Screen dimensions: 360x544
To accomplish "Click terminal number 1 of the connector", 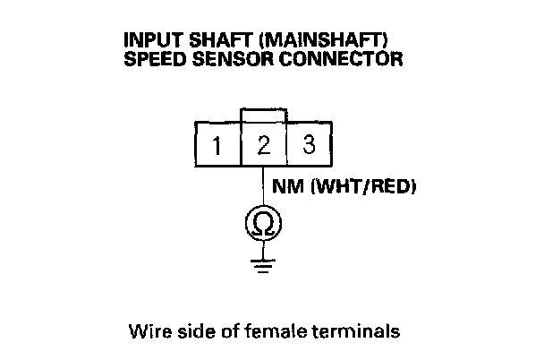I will [217, 144].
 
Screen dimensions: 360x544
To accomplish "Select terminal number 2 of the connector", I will [263, 144].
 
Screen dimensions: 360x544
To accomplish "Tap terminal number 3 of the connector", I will [309, 144].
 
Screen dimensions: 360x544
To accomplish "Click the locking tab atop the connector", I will [263, 116].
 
